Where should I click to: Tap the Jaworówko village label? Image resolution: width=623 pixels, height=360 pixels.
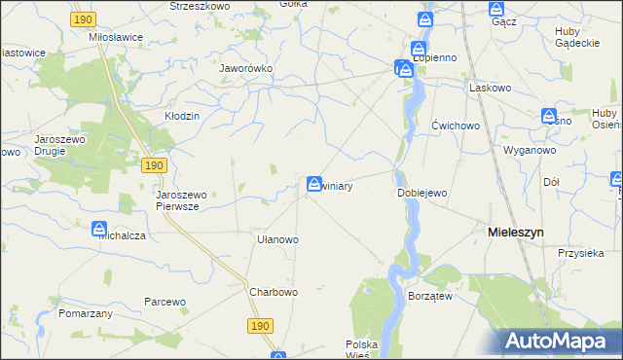[x=245, y=69]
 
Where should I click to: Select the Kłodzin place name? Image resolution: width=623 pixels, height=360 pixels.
[x=181, y=116]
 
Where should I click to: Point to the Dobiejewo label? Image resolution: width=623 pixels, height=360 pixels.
[x=421, y=193]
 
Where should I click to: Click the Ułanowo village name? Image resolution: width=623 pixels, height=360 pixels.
[x=276, y=238]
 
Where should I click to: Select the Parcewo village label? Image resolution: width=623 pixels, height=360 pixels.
[x=165, y=302]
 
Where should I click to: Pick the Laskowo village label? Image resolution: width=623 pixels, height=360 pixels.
[x=490, y=88]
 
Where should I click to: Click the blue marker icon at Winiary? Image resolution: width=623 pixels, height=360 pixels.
[x=314, y=183]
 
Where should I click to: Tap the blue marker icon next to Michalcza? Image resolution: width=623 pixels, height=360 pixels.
[x=99, y=230]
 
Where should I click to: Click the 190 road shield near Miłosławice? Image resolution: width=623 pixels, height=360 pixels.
[x=84, y=18]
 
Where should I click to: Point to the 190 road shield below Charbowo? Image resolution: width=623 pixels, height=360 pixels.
[x=258, y=326]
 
